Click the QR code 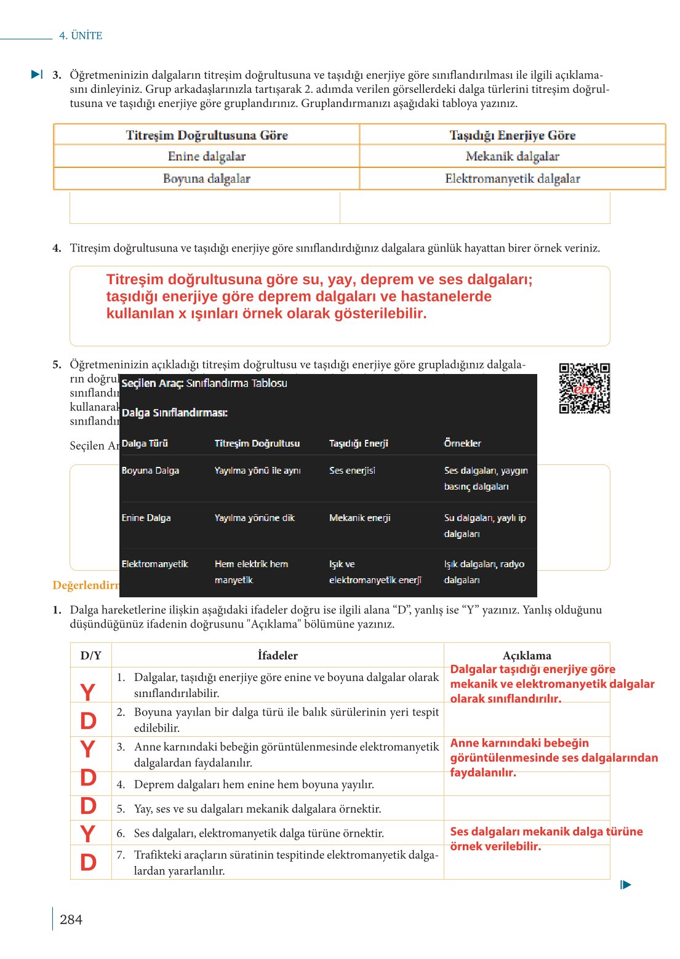[584, 388]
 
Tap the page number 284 [71, 919]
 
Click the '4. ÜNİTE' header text [81, 36]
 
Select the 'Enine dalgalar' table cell [207, 156]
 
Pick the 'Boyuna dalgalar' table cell [207, 178]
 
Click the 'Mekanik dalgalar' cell [512, 156]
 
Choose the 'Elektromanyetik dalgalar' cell [512, 178]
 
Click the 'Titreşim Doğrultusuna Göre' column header [207, 135]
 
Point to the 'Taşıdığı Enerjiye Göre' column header [512, 135]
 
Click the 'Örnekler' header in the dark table [462, 443]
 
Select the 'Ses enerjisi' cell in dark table [352, 471]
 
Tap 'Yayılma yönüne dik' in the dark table [254, 518]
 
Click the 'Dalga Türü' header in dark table [145, 443]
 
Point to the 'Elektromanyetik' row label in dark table [154, 564]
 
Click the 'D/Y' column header [90, 655]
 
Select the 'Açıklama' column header [527, 655]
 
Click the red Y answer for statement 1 [88, 693]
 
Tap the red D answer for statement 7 [88, 862]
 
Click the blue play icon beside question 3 [37, 74]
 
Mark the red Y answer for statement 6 [88, 834]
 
